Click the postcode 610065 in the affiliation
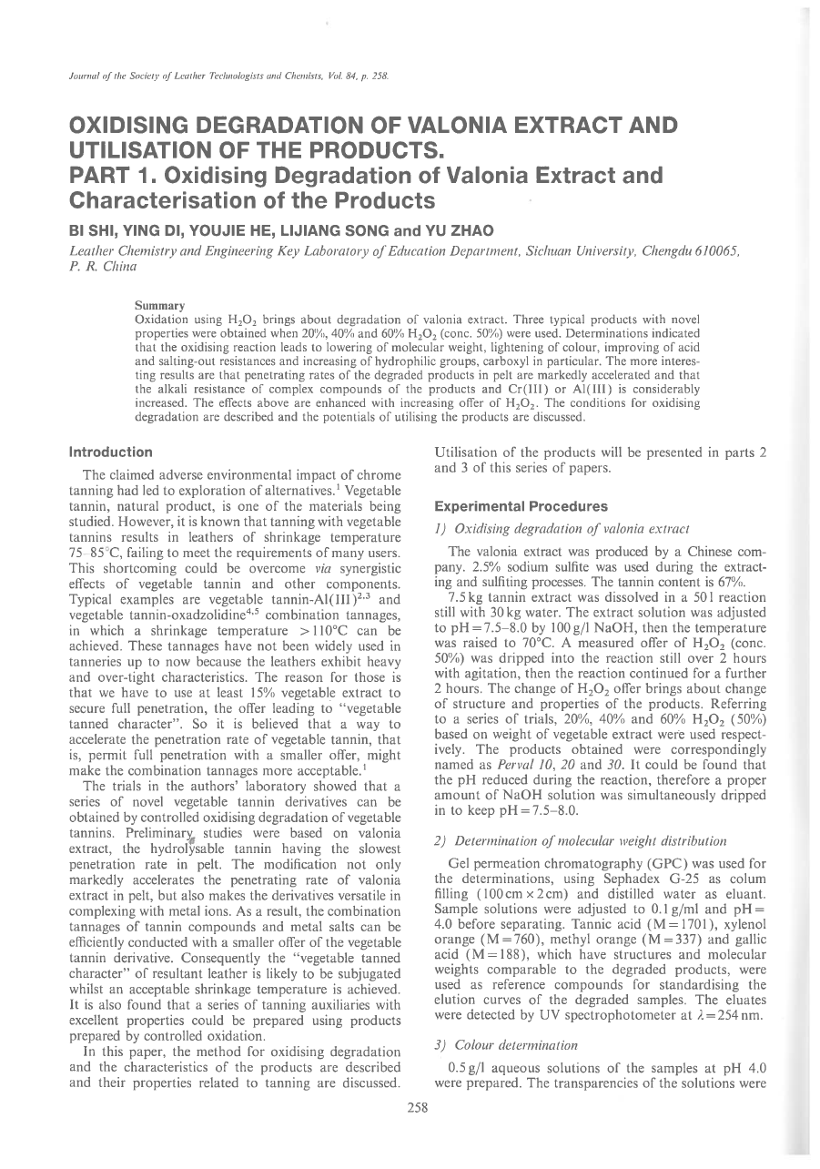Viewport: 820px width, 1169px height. pyautogui.click(x=715, y=249)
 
